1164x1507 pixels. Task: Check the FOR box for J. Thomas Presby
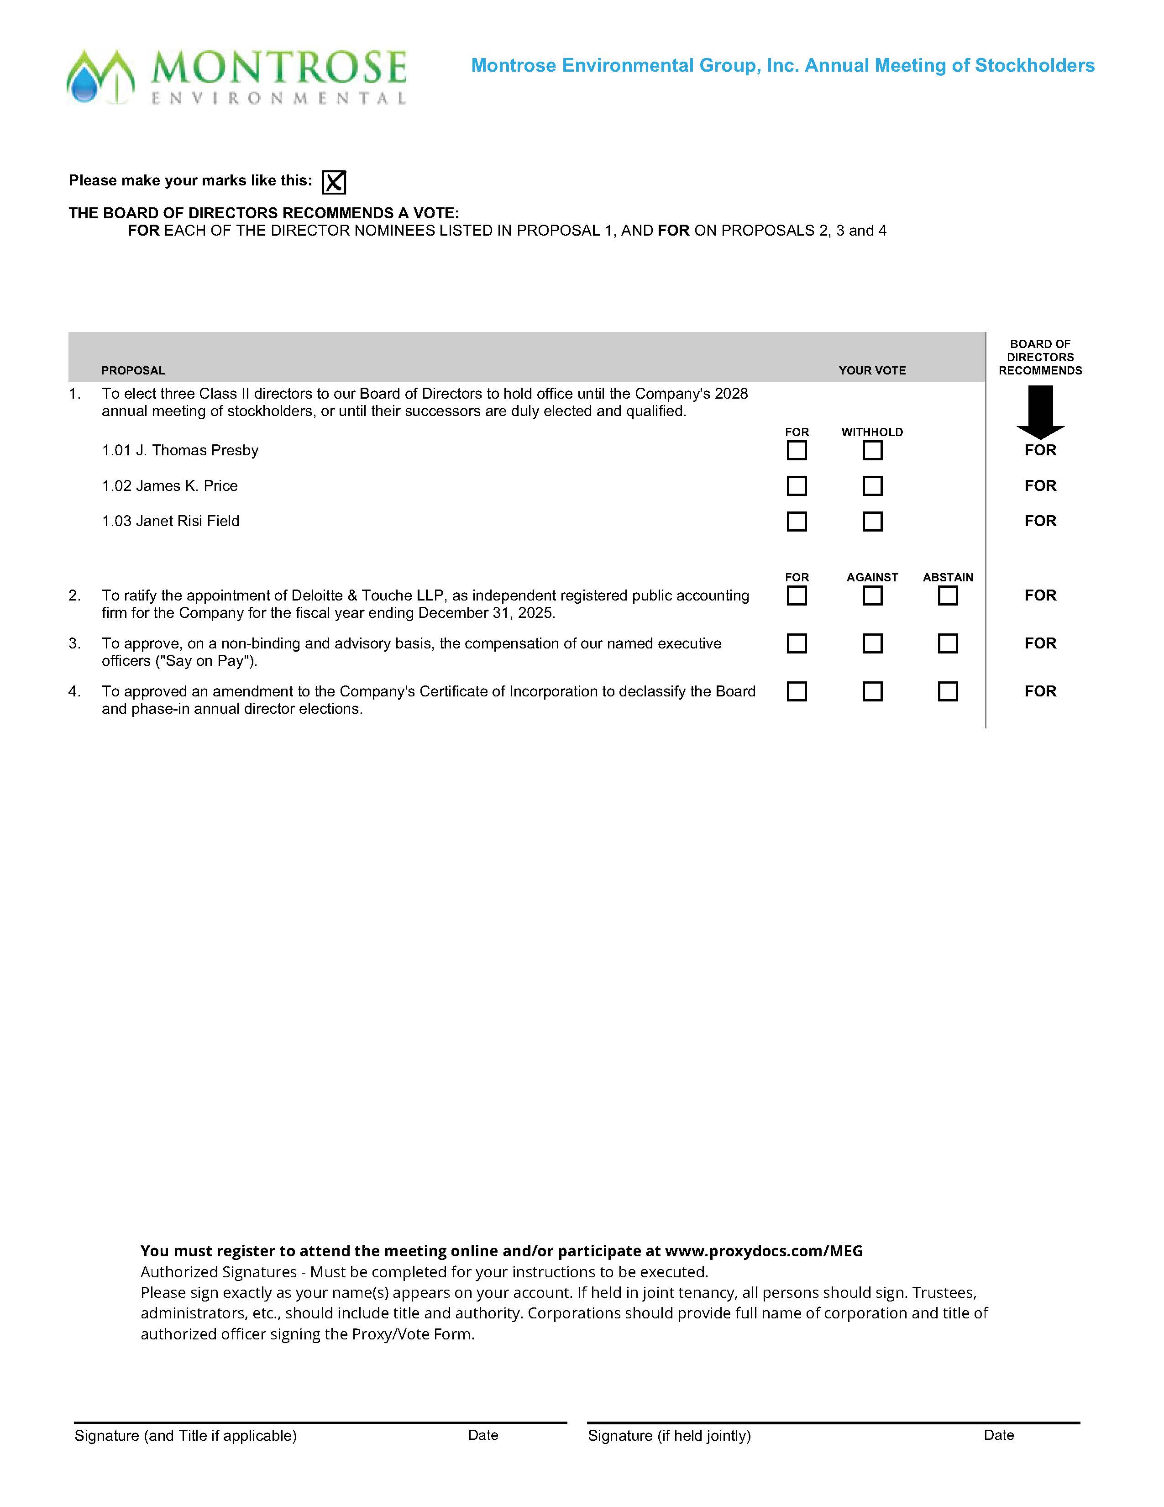coord(797,451)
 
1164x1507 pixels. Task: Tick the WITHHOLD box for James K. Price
coord(872,486)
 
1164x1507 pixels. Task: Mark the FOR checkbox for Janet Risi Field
coord(797,522)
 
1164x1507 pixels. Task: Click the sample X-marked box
coord(334,182)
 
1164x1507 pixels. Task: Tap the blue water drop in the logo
coord(85,87)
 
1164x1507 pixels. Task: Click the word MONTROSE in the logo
coord(278,68)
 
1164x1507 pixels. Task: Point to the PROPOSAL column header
coord(133,370)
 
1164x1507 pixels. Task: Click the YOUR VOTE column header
coord(871,370)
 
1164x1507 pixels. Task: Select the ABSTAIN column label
coord(948,577)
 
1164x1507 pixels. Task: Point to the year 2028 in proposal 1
coord(731,393)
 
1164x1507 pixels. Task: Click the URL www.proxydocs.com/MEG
coord(763,1251)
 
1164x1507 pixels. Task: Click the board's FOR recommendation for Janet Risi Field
coord(1040,521)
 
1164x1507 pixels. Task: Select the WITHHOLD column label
coord(871,432)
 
